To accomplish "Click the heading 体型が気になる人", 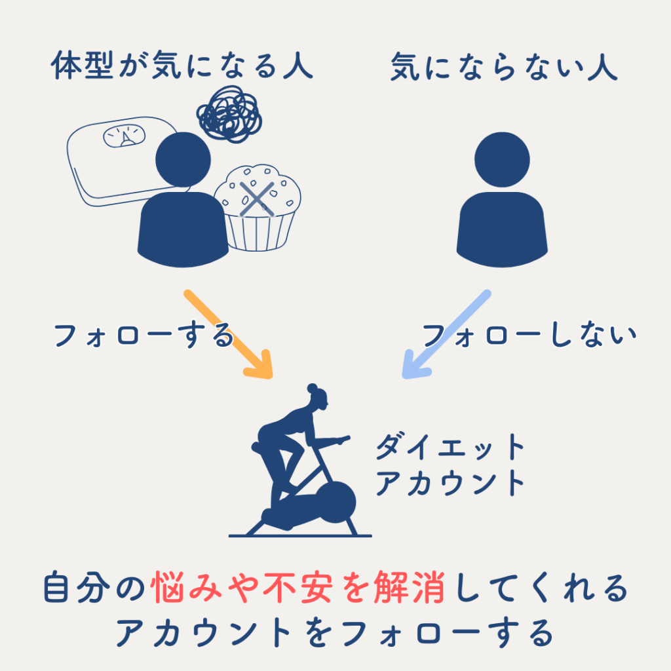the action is (182, 66).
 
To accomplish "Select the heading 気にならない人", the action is (504, 66).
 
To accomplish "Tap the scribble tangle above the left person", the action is (229, 114).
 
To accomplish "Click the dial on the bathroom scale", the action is (124, 136).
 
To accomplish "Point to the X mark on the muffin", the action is (257, 199).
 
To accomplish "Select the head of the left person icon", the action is (183, 160).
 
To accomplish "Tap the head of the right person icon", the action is (502, 160).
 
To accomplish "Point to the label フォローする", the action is (144, 335).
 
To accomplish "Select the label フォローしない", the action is (529, 335).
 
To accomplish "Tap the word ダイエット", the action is (450, 447).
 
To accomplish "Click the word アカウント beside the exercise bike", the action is (450, 483).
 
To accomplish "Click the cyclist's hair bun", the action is (313, 388).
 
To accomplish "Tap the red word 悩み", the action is (187, 587).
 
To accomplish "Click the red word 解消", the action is (409, 587).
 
